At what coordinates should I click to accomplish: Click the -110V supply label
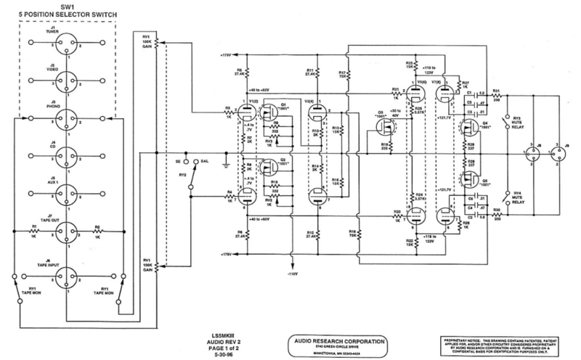click(x=293, y=276)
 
